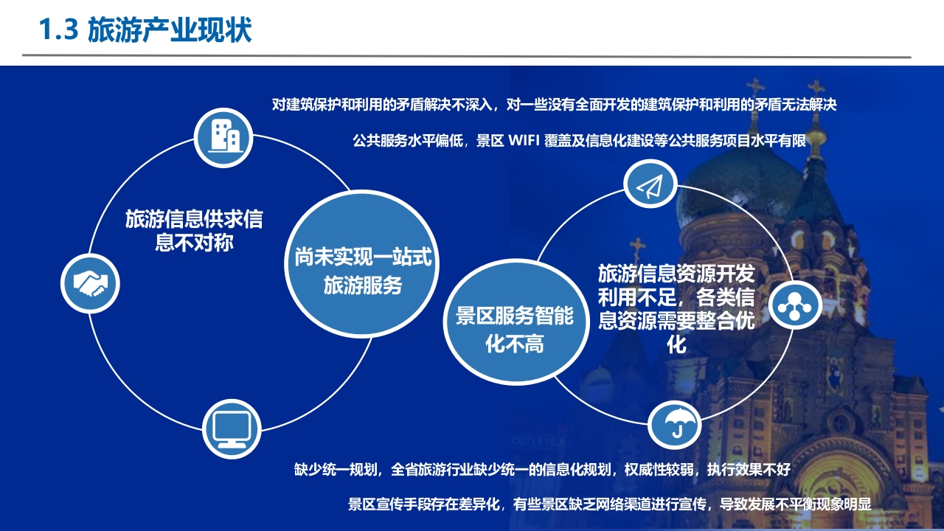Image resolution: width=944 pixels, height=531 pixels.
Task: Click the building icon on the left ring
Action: pyautogui.click(x=223, y=138)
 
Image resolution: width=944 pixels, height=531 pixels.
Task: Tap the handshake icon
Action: pyautogui.click(x=90, y=283)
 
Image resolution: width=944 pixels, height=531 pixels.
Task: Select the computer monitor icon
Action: pyautogui.click(x=232, y=429)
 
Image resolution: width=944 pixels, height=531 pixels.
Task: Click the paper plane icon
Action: pyautogui.click(x=650, y=184)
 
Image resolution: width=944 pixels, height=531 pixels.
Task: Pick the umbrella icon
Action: pyautogui.click(x=675, y=423)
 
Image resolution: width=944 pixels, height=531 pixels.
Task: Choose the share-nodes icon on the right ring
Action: pyautogui.click(x=795, y=305)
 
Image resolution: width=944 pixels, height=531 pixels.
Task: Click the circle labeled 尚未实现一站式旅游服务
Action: pyautogui.click(x=362, y=264)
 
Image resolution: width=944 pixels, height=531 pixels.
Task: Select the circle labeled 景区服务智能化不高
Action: pyautogui.click(x=516, y=322)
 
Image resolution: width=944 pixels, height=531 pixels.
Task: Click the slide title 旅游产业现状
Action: pyautogui.click(x=170, y=30)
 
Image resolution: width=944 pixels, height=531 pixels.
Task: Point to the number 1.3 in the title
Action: pyautogui.click(x=58, y=30)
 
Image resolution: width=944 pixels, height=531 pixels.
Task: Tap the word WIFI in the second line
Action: pyautogui.click(x=524, y=140)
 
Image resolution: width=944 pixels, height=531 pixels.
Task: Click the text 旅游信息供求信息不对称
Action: pyautogui.click(x=194, y=231)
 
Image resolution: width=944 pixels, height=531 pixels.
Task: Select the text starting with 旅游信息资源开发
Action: pyautogui.click(x=676, y=308)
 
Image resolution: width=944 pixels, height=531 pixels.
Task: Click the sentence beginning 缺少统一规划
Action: pyautogui.click(x=542, y=469)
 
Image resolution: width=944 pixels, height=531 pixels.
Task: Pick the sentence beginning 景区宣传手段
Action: pyautogui.click(x=609, y=504)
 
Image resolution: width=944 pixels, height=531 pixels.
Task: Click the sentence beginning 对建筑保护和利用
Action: pyautogui.click(x=554, y=105)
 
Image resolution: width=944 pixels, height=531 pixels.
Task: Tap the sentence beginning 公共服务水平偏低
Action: pyautogui.click(x=579, y=140)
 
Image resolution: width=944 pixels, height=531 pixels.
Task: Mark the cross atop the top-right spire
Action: pyautogui.click(x=816, y=88)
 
